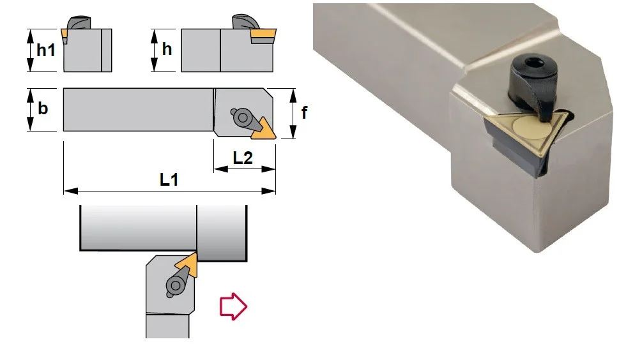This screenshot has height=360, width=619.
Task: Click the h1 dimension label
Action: coord(46,50)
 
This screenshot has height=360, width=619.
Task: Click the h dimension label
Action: coord(167,49)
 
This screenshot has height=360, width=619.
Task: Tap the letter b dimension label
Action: coord(43,108)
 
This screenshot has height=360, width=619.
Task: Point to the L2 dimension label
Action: coord(243,158)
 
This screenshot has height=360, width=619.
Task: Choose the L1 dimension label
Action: coord(169,179)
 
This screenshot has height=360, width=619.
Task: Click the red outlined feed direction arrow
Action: coord(233,306)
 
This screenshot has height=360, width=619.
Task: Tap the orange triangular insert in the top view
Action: coord(264,130)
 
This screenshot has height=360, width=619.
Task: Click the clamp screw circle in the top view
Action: coord(243,117)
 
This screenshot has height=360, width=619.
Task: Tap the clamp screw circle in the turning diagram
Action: coord(176,285)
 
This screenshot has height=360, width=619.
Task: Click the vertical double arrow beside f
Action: coord(293,114)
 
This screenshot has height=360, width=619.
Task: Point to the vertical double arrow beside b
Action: coord(31,109)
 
